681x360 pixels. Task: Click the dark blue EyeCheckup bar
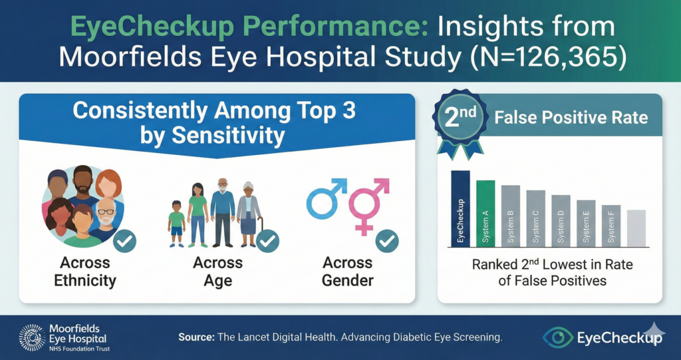[x=460, y=208]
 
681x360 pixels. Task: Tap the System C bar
[x=535, y=218]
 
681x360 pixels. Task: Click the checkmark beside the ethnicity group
[x=124, y=240]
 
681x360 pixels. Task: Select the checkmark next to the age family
[x=267, y=240]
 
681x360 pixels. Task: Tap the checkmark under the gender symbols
[x=386, y=240]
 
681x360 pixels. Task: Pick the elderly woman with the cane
[x=249, y=213]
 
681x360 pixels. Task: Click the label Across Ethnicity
[x=84, y=271]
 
